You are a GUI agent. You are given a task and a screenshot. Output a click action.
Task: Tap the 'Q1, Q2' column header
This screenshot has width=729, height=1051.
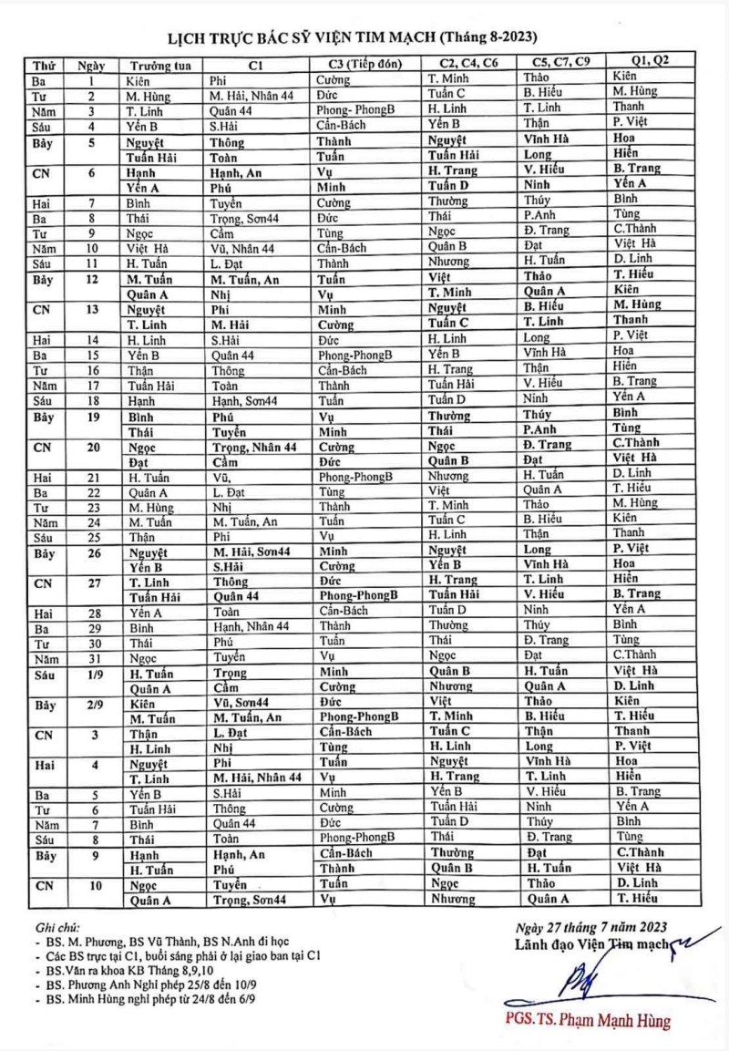tap(649, 59)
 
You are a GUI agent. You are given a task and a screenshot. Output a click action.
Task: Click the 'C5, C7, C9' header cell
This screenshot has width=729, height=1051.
tap(560, 61)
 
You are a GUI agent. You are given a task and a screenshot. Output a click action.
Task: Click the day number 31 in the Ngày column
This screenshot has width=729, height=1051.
tap(91, 658)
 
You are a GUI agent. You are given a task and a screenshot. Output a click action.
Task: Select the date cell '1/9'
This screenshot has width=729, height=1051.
tap(91, 673)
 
